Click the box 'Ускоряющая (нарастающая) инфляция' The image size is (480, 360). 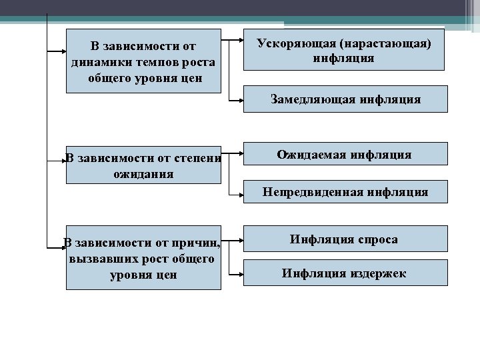(x=343, y=49)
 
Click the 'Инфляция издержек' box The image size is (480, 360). (x=343, y=273)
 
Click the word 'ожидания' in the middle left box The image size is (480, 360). (x=143, y=174)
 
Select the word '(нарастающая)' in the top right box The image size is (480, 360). (x=391, y=43)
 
